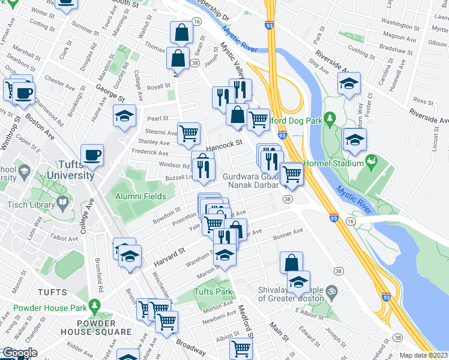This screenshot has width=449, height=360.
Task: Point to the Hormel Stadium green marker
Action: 371,161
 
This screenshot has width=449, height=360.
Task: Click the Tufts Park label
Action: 212,292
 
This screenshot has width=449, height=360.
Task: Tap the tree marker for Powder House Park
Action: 94,307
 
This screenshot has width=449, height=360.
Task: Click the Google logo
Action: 19,352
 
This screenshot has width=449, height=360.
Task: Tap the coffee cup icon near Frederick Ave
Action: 92,155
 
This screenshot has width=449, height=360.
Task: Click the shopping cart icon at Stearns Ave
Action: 188,133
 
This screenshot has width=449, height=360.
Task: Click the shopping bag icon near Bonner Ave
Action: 291,262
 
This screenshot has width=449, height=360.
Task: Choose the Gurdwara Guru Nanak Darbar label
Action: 250,181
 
